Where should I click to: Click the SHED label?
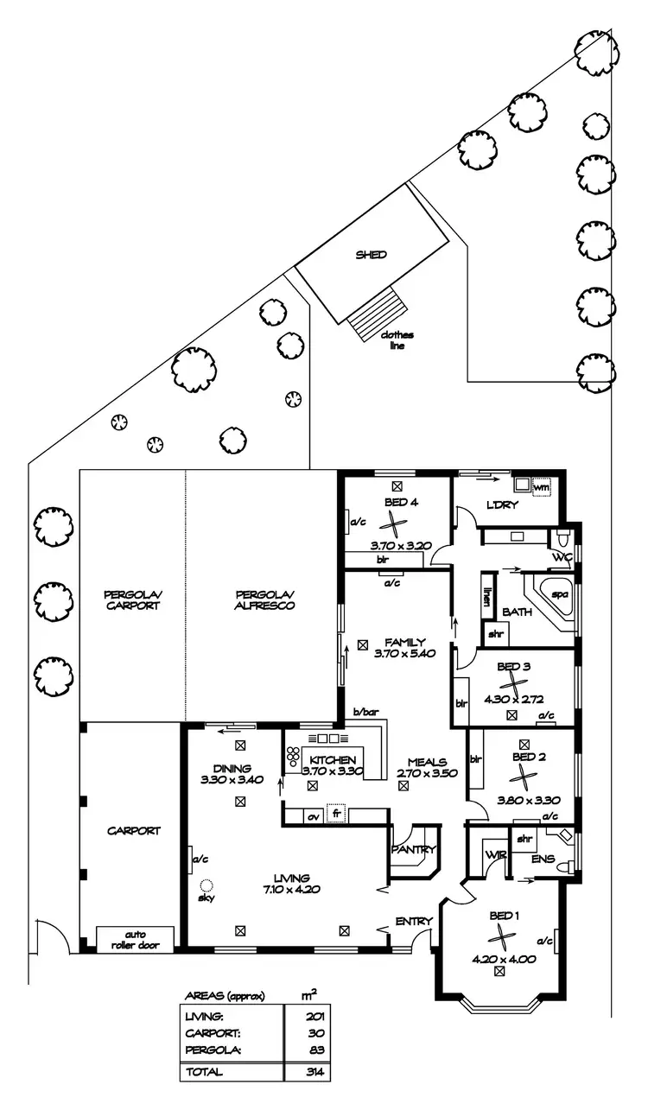(x=372, y=255)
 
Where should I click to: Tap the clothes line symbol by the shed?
(x=378, y=313)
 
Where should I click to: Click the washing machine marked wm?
(x=542, y=487)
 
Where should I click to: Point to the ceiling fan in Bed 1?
(x=500, y=937)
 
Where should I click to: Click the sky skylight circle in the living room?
(x=206, y=885)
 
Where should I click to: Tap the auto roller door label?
(x=135, y=940)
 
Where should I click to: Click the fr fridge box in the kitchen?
(x=333, y=815)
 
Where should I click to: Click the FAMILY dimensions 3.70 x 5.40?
(x=403, y=654)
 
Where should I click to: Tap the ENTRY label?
(x=413, y=922)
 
